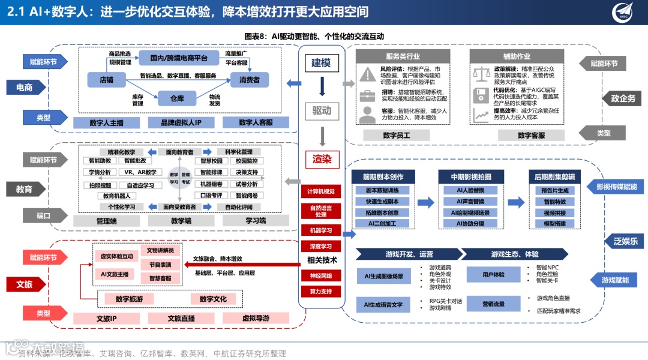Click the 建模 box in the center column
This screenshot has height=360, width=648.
(321, 62)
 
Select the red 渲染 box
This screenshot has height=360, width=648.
(321, 159)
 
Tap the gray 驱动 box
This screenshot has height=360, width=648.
(321, 110)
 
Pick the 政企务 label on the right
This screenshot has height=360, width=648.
(623, 98)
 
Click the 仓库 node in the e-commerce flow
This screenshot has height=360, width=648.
(176, 98)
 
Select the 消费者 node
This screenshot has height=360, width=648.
(250, 79)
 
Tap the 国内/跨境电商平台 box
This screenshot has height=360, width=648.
(178, 58)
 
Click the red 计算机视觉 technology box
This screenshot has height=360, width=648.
(321, 191)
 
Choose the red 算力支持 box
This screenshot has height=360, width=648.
(321, 292)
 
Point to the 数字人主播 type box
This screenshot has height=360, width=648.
(106, 122)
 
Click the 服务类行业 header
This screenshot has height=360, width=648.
(403, 56)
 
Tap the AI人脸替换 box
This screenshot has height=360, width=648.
(471, 190)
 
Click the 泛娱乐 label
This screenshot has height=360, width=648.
(625, 241)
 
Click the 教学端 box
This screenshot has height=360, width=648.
(181, 221)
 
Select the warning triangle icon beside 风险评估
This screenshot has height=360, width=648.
(367, 74)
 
